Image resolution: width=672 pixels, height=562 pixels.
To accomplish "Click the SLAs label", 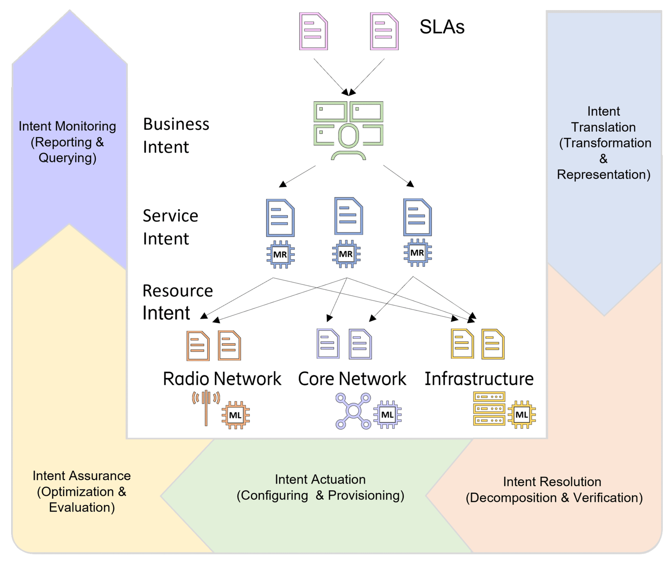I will pyautogui.click(x=442, y=27).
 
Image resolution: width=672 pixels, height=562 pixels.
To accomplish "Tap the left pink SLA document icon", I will pyautogui.click(x=313, y=32).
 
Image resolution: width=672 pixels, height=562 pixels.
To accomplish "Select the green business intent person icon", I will pyautogui.click(x=348, y=130).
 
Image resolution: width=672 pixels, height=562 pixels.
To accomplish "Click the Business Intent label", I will pyautogui.click(x=176, y=135).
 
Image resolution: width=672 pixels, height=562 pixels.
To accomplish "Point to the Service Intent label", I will pyautogui.click(x=170, y=227).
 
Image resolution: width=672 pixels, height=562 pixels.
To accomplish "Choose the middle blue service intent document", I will pyautogui.click(x=348, y=216).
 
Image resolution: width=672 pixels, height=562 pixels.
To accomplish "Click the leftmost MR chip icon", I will pyautogui.click(x=280, y=254).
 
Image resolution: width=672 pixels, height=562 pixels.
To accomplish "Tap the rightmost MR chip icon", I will pyautogui.click(x=417, y=253).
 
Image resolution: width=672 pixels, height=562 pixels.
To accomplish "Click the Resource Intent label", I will pyautogui.click(x=177, y=302).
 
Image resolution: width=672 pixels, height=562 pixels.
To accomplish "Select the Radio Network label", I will pyautogui.click(x=222, y=379).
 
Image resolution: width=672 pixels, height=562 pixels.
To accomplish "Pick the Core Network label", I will pyautogui.click(x=352, y=379).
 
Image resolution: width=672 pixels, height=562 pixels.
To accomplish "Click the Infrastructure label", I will pyautogui.click(x=479, y=379).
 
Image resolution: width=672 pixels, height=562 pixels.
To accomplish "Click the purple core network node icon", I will pyautogui.click(x=353, y=411).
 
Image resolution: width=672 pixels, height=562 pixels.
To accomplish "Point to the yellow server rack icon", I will pyautogui.click(x=489, y=409).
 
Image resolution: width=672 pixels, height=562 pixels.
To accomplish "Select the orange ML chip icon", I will pyautogui.click(x=235, y=415).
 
